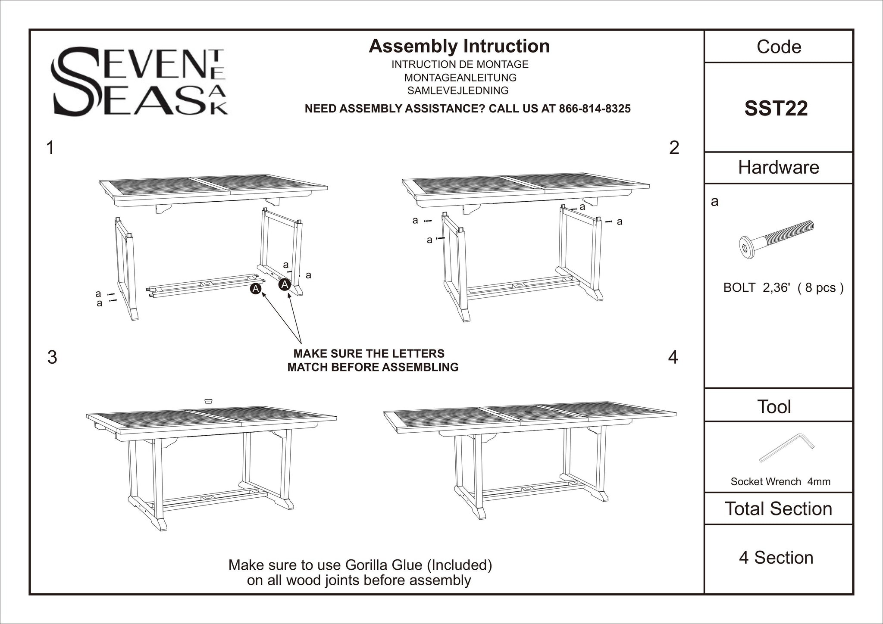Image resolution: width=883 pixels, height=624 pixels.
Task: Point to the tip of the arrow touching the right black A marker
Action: [289, 291]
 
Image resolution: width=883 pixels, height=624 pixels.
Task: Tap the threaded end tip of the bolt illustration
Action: [813, 225]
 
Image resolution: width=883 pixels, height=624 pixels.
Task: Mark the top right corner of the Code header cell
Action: [853, 30]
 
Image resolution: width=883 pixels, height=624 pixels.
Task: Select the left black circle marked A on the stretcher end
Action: [256, 289]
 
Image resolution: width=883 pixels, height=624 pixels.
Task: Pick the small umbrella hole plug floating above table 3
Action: [208, 400]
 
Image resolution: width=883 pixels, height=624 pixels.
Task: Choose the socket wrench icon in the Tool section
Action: [787, 448]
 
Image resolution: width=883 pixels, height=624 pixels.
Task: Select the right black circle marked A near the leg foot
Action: [285, 284]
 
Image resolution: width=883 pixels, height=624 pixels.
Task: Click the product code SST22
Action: [776, 108]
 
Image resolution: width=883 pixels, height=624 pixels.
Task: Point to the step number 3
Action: [52, 357]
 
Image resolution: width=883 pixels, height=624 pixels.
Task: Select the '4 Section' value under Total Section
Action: [776, 558]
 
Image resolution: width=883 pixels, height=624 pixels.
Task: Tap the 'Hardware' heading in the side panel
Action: [779, 167]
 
